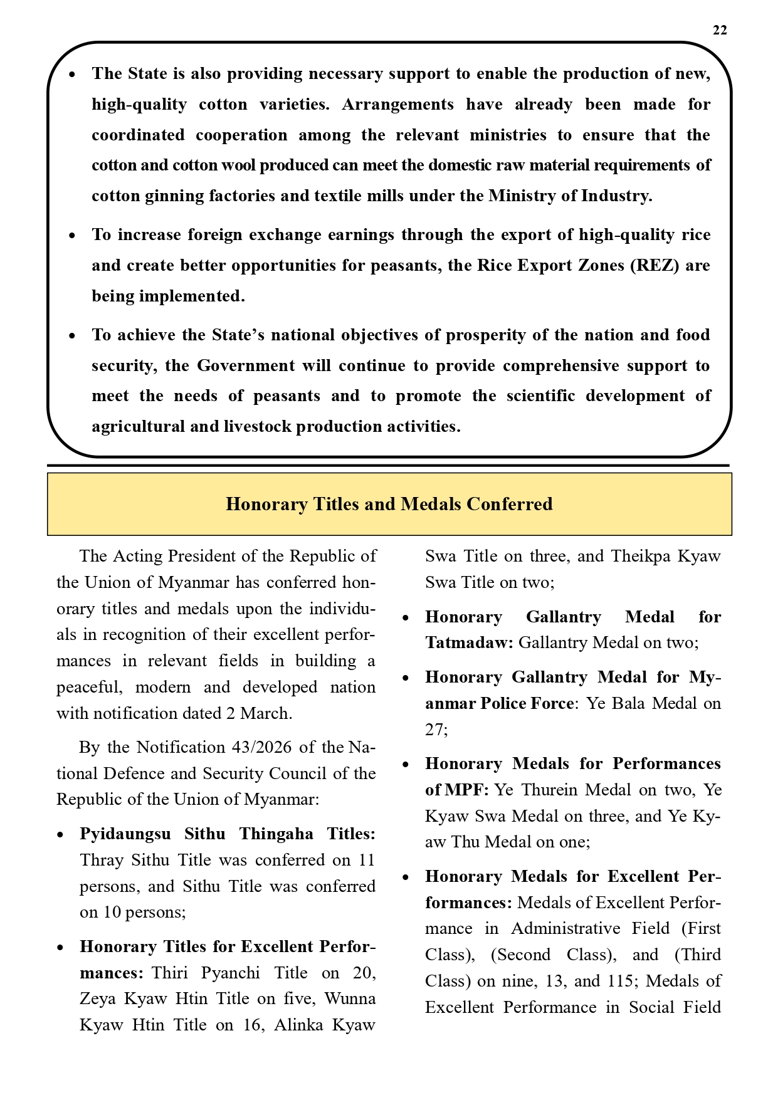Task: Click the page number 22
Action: tap(720, 31)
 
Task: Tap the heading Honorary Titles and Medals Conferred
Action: tap(389, 505)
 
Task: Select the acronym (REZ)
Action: tap(654, 265)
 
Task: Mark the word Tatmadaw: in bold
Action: tap(469, 642)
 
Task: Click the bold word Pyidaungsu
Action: tap(125, 834)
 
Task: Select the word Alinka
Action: tap(299, 1025)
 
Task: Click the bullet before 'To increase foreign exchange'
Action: tap(73, 236)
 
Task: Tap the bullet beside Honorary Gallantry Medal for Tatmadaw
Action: tap(406, 618)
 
